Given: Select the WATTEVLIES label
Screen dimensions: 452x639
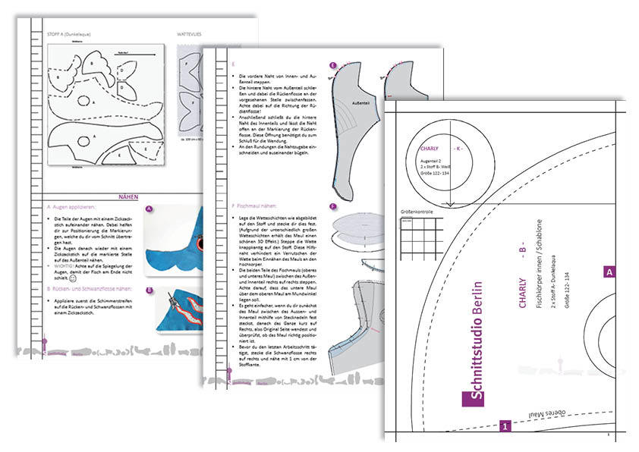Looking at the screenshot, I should pos(190,34).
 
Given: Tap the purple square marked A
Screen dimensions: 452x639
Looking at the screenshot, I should pos(609,270).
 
